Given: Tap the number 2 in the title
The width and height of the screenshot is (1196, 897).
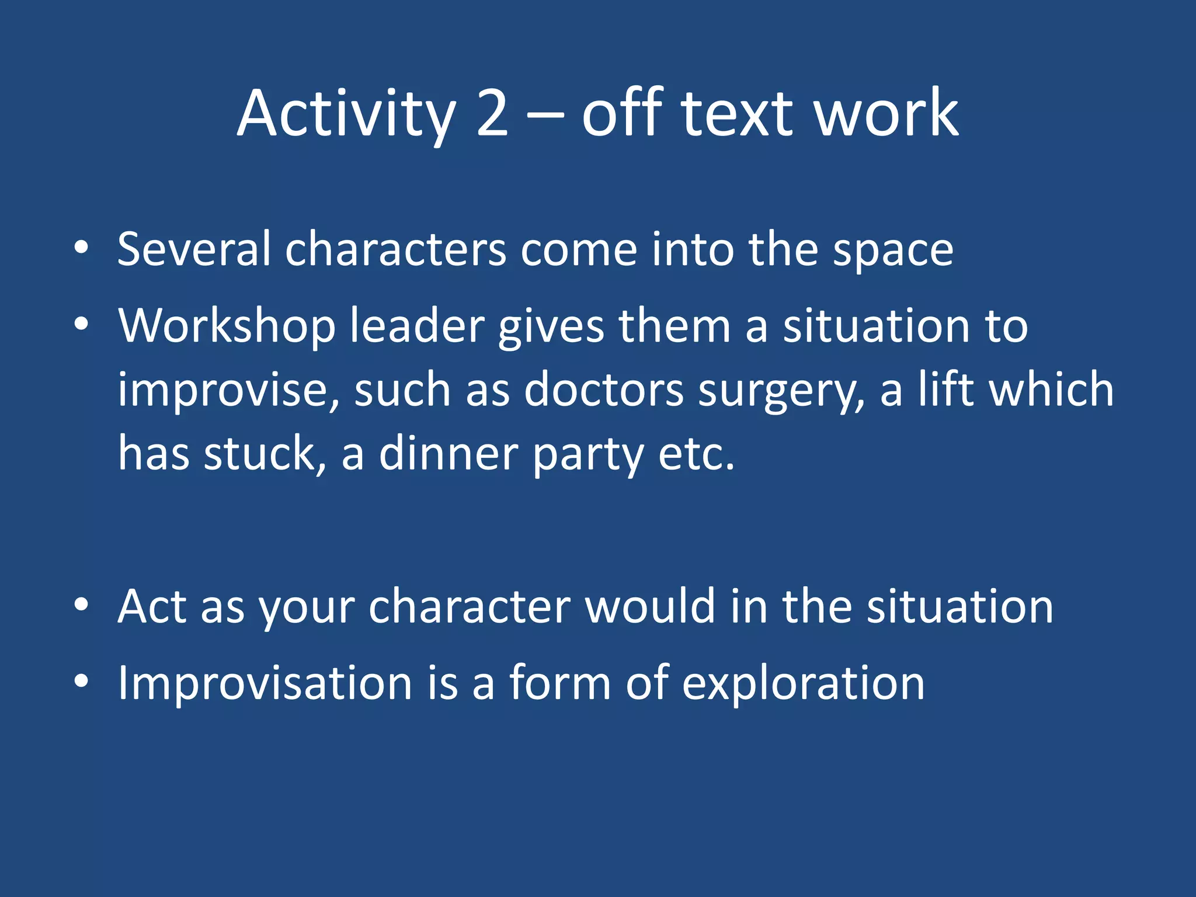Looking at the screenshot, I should click(x=492, y=114).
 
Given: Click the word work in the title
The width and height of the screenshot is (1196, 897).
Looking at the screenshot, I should click(x=886, y=114).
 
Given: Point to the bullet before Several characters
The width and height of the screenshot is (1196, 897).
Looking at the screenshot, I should click(x=81, y=248).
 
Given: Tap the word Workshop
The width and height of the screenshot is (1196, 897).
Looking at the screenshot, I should click(x=227, y=326).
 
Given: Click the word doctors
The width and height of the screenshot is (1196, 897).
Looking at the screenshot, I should click(x=603, y=390).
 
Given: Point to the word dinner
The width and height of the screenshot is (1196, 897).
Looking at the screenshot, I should click(x=448, y=454).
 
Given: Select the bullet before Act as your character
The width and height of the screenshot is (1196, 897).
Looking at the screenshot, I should click(x=81, y=606).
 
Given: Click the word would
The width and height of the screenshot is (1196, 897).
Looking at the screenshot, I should click(x=650, y=606).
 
